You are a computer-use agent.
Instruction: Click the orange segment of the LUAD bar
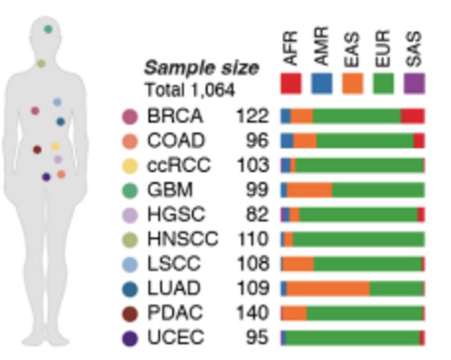tap(328, 288)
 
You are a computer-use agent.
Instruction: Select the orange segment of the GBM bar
tap(309, 190)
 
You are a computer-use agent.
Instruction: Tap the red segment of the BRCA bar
tap(412, 116)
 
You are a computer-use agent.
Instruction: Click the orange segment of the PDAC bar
tap(294, 313)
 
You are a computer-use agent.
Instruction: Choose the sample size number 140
tap(251, 313)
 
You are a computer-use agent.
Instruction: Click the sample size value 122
tap(251, 116)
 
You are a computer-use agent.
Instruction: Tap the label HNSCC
tap(182, 240)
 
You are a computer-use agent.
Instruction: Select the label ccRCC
tap(178, 166)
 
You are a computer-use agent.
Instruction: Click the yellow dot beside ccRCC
tap(130, 166)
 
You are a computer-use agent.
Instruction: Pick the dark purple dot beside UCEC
tap(130, 337)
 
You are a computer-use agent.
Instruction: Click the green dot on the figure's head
tap(48, 29)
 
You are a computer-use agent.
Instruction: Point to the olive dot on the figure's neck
tap(41, 63)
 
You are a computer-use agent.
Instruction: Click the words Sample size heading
tap(201, 68)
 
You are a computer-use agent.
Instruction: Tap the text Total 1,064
tap(189, 90)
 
